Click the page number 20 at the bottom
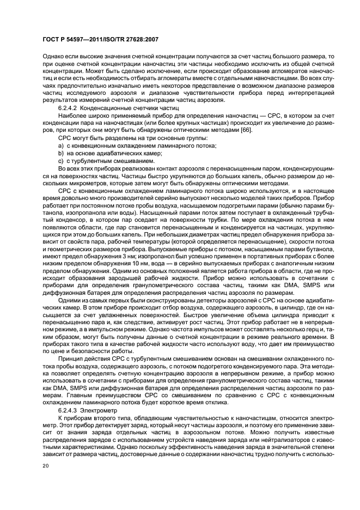pos(47,466)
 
